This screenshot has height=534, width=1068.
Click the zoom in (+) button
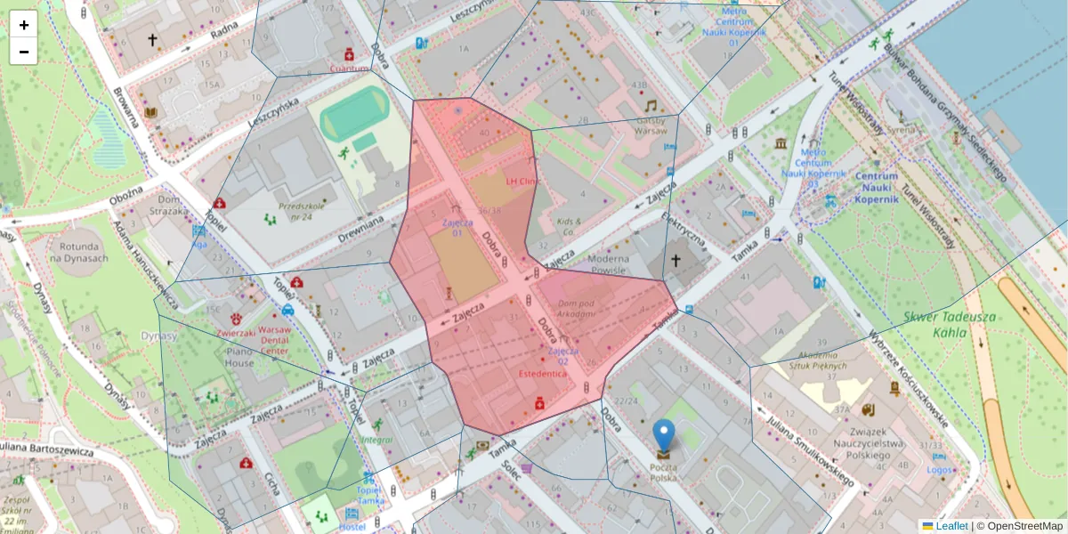click(x=24, y=25)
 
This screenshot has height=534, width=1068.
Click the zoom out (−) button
click(x=24, y=52)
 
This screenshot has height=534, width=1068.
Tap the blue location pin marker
click(x=664, y=435)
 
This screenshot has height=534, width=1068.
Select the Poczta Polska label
click(x=663, y=473)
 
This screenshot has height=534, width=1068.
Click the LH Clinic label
click(x=523, y=181)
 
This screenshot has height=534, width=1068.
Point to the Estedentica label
click(x=542, y=374)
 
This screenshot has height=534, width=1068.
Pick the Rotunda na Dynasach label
click(x=79, y=252)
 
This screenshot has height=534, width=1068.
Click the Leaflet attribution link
click(x=951, y=526)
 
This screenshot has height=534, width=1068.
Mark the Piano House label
click(x=239, y=356)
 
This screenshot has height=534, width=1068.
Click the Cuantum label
click(x=349, y=68)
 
